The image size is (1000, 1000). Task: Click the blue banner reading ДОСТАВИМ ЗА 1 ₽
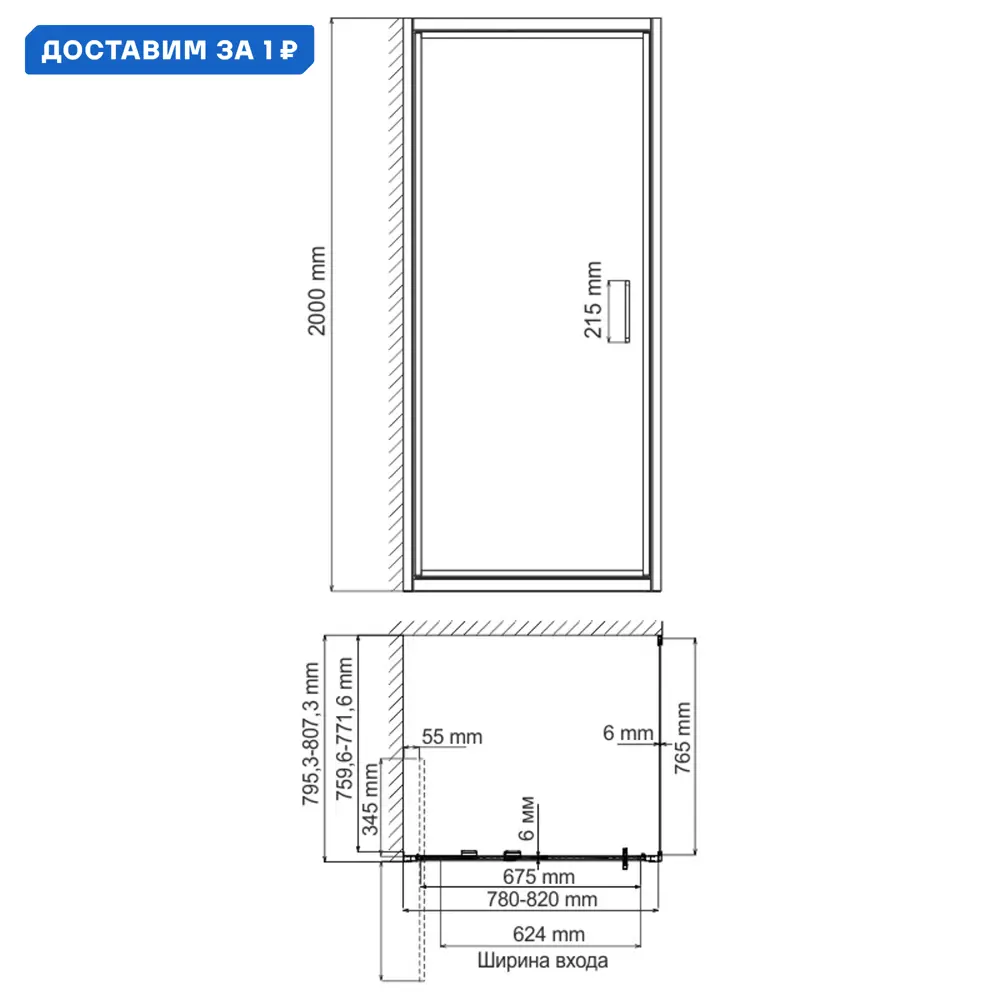coord(167,49)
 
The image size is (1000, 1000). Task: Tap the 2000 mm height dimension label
coord(318,291)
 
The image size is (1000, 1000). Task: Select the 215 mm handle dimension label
coord(593,300)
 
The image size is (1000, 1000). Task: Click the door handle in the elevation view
coord(621,311)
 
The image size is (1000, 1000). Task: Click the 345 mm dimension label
coord(370,799)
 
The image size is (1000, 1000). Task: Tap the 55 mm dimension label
coord(451,738)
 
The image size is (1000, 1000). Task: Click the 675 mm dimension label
coord(539,877)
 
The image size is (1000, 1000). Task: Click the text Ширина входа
coord(541,962)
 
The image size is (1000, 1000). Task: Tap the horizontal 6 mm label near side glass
coord(627,733)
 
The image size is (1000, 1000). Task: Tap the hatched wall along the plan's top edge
coord(530,626)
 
